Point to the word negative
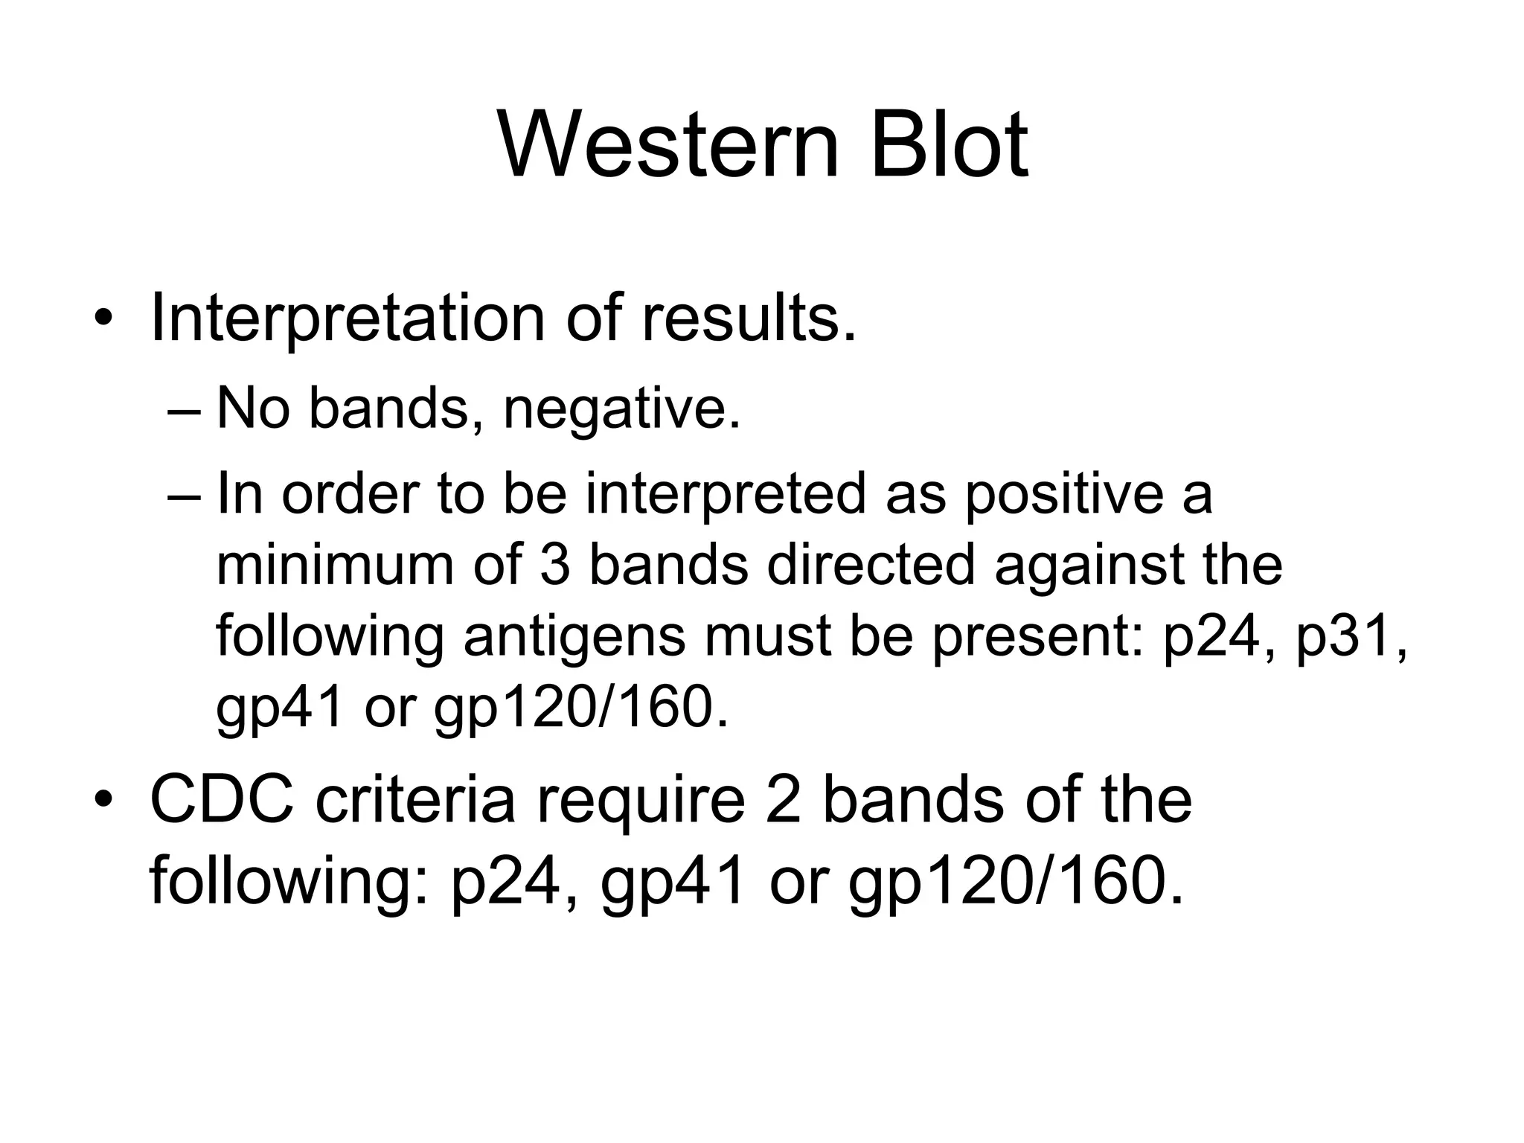(x=621, y=410)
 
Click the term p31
(x=1351, y=638)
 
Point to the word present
(x=1039, y=638)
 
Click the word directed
(x=871, y=565)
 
